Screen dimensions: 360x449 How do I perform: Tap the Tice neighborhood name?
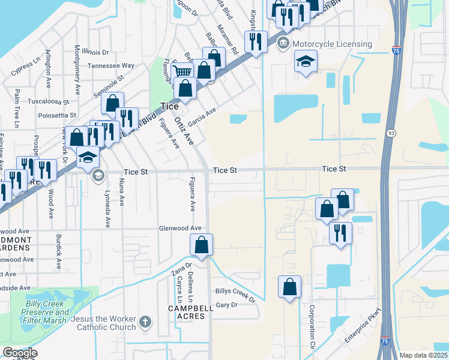[x=169, y=106]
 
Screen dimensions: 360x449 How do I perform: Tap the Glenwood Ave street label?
[x=179, y=229]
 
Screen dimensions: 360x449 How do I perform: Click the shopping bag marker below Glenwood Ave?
[x=201, y=245]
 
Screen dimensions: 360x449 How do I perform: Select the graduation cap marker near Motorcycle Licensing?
[x=306, y=61]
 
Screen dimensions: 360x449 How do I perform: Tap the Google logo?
[x=20, y=353]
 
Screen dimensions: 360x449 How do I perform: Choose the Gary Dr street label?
[x=226, y=305]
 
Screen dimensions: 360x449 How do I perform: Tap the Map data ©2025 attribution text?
[x=423, y=355]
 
